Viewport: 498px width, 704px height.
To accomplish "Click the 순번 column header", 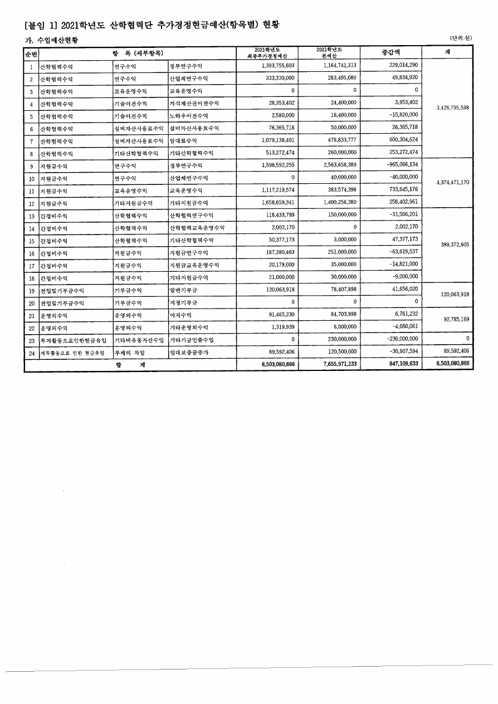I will point(31,53).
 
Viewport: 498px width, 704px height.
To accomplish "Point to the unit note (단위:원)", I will point(461,37).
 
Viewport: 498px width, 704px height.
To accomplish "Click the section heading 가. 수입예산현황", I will point(46,40).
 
